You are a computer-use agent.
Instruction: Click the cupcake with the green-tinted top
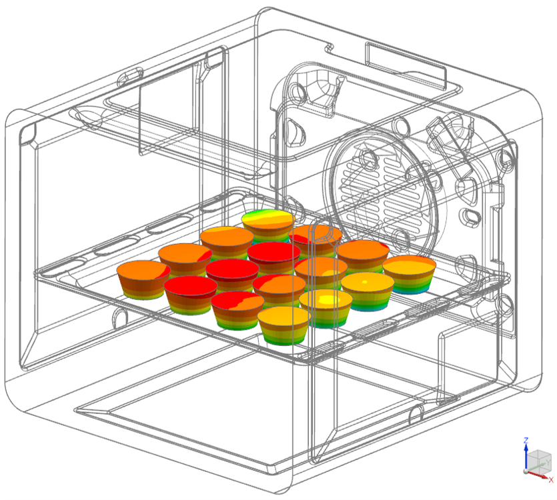pos(268,225)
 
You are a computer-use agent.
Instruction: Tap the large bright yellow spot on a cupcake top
pos(327,299)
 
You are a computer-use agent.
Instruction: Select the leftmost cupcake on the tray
pos(143,279)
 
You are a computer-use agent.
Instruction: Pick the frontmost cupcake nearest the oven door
pos(284,325)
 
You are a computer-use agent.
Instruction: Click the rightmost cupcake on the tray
pos(409,274)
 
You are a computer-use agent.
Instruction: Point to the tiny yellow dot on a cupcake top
pos(364,282)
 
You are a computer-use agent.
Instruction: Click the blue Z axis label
pos(526,441)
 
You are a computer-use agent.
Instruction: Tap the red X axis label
pos(551,480)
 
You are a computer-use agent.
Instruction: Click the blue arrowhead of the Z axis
pos(526,447)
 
